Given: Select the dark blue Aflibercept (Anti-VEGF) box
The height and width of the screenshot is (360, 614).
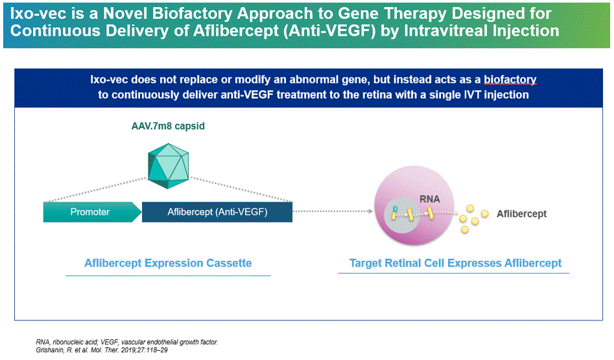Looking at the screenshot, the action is click(x=217, y=212).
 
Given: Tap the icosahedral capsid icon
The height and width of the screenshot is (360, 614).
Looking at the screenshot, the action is click(x=169, y=166).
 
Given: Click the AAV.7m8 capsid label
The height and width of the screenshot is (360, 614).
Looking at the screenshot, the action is click(x=168, y=126).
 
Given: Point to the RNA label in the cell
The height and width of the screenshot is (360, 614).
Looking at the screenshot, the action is click(x=430, y=199).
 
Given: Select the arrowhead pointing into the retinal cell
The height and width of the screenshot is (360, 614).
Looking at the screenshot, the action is click(x=370, y=211).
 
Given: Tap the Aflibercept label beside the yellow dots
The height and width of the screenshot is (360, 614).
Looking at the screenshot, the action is click(x=521, y=214).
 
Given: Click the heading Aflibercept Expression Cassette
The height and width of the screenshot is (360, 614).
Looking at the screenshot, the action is click(x=168, y=263).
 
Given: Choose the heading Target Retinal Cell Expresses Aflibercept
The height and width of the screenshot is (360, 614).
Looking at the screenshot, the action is click(x=455, y=263).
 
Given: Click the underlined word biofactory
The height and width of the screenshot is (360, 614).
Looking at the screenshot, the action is click(x=510, y=80).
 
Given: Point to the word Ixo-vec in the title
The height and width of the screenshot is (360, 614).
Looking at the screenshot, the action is click(x=34, y=14).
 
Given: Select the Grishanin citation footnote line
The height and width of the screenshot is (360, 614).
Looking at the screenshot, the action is click(x=102, y=350).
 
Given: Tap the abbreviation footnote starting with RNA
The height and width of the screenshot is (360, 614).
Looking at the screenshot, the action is click(x=127, y=342).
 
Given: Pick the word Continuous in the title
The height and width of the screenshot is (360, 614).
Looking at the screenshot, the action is click(x=55, y=30).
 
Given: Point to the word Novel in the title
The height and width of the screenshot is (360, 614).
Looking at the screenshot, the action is click(x=125, y=14).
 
